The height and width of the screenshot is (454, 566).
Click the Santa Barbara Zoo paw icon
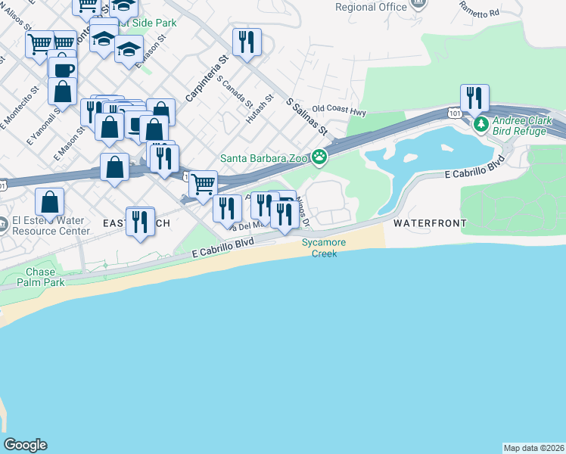click(320, 157)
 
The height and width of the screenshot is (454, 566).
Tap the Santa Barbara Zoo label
click(265, 158)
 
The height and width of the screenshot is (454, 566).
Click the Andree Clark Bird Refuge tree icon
click(480, 123)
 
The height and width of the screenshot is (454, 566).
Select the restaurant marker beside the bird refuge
click(474, 98)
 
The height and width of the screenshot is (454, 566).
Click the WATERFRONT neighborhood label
click(429, 223)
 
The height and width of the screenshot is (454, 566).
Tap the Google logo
click(25, 445)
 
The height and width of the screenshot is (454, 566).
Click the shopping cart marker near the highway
click(203, 184)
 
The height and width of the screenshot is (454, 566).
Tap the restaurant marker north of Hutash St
click(247, 42)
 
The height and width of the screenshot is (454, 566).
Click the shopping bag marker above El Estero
click(49, 203)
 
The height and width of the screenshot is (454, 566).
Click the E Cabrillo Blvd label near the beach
click(222, 246)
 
